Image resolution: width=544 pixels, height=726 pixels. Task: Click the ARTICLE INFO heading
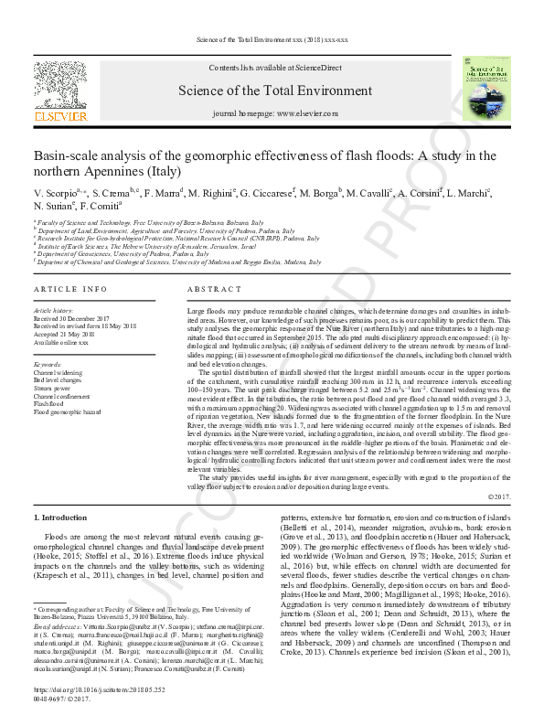[70, 289]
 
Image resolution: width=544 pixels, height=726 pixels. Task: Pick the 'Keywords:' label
[48, 365]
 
